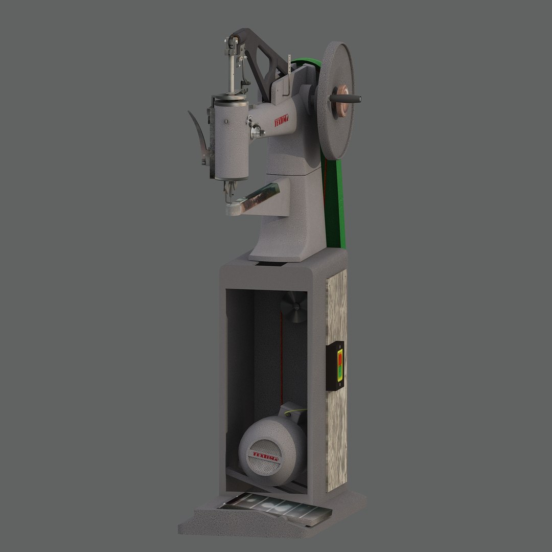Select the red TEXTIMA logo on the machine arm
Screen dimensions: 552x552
tap(282, 121)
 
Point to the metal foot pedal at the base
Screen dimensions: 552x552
tap(276, 508)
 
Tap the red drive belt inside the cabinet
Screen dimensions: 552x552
tap(281, 358)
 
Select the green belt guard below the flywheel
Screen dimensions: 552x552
tap(334, 204)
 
